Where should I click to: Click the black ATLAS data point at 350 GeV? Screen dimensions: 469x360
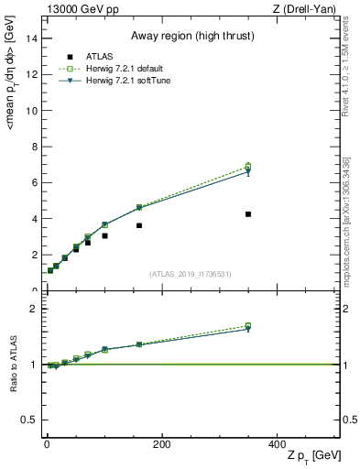pos(248,214)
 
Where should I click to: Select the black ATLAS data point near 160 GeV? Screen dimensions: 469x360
pos(139,225)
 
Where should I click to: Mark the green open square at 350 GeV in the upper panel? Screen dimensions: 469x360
pos(248,167)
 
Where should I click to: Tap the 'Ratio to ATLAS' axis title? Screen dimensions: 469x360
pos(13,365)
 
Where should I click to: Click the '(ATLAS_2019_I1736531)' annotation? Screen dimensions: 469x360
pos(191,273)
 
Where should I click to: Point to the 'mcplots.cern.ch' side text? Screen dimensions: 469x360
pos(351,247)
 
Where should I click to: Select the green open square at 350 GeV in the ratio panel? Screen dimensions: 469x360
pos(248,326)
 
